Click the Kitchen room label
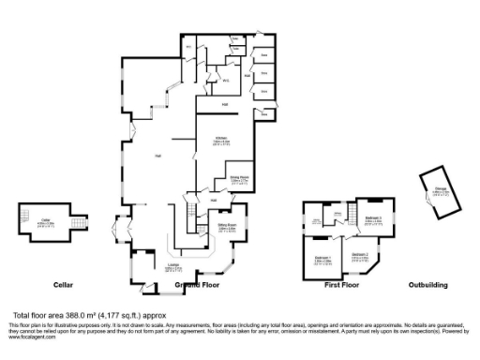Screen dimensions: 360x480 [222, 140]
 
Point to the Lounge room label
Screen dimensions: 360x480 [172, 269]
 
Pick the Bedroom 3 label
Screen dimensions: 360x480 [372, 220]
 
